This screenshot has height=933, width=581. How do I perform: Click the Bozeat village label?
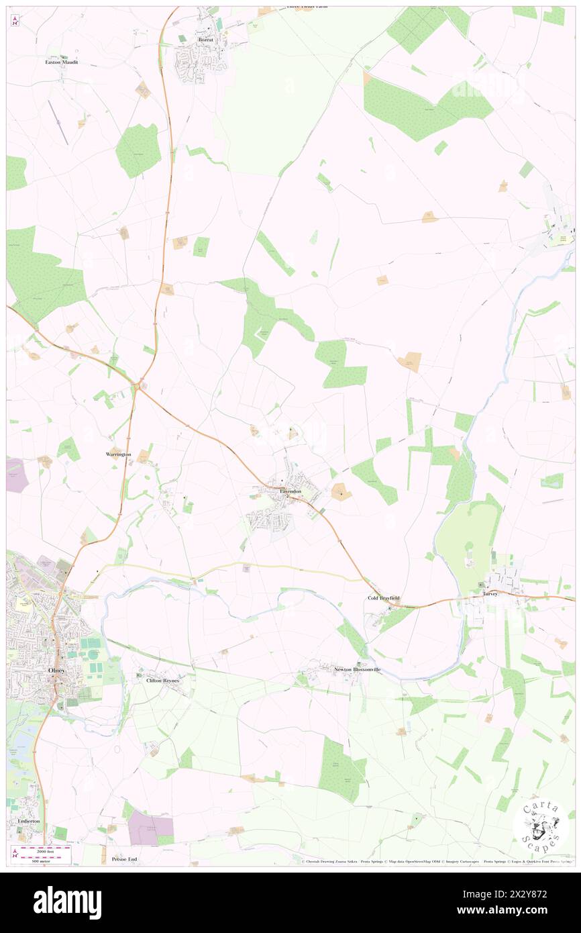205,40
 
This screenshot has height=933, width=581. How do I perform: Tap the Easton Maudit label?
62,62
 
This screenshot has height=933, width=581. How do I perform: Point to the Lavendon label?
290,492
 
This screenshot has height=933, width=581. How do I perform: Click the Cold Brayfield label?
384,598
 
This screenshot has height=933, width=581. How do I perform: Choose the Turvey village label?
491,594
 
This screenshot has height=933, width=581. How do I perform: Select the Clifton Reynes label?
162,680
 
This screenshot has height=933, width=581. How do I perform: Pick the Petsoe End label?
124,859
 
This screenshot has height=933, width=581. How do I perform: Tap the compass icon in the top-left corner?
15,20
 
